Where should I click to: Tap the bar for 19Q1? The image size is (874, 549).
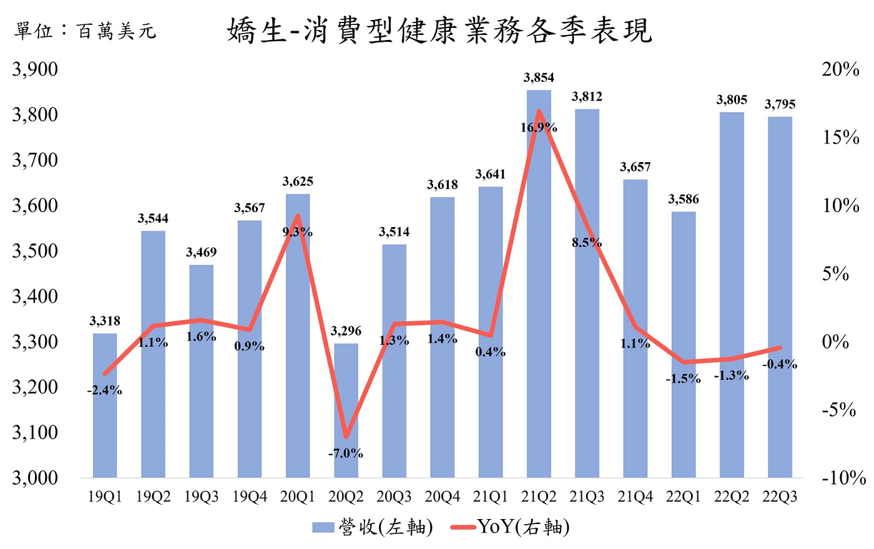pyautogui.click(x=105, y=406)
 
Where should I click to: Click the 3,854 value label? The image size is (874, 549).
pyautogui.click(x=539, y=77)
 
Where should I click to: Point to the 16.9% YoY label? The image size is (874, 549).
pyautogui.click(x=539, y=128)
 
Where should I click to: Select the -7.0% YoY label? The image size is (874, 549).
pyautogui.click(x=346, y=454)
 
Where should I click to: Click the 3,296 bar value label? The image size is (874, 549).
pyautogui.click(x=346, y=331)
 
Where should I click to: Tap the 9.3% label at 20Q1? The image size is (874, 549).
pyautogui.click(x=298, y=232)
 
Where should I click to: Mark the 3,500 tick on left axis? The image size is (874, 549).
pyautogui.click(x=36, y=251)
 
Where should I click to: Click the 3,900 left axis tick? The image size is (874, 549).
pyautogui.click(x=36, y=69)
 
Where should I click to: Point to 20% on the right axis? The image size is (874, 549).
pyautogui.click(x=840, y=69)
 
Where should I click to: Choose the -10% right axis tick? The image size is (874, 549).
pyautogui.click(x=843, y=479)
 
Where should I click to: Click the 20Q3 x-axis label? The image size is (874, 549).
pyautogui.click(x=394, y=497)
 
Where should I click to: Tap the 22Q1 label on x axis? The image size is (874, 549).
pyautogui.click(x=683, y=497)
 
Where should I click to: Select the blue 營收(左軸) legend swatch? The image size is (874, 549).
pyautogui.click(x=323, y=528)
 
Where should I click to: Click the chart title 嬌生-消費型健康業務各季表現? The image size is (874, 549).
pyautogui.click(x=439, y=31)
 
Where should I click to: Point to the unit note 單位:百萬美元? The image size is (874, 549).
pyautogui.click(x=85, y=31)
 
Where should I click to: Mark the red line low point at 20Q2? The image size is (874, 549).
pyautogui.click(x=346, y=436)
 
